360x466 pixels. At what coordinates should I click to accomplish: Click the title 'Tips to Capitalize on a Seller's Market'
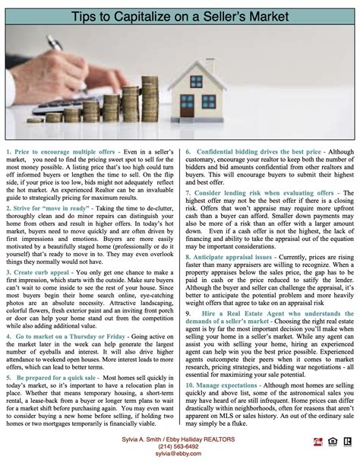[180, 15]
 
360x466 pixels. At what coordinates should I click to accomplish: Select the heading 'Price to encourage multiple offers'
[58, 130]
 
